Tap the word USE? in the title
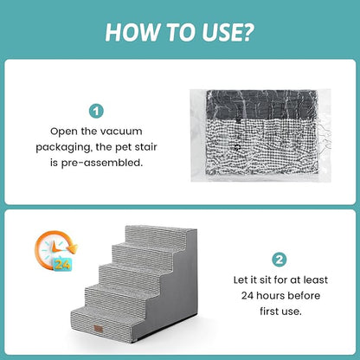[x=228, y=32]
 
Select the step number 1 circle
[x=96, y=111]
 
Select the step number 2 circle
[x=280, y=260]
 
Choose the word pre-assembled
[x=102, y=163]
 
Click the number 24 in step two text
[x=247, y=296]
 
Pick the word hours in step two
[x=271, y=295]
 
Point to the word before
[x=304, y=295]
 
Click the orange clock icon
[x=55, y=250]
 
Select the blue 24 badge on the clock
[x=62, y=264]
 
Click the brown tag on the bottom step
[x=99, y=329]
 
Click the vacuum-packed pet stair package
[x=260, y=135]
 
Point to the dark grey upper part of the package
[x=261, y=105]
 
